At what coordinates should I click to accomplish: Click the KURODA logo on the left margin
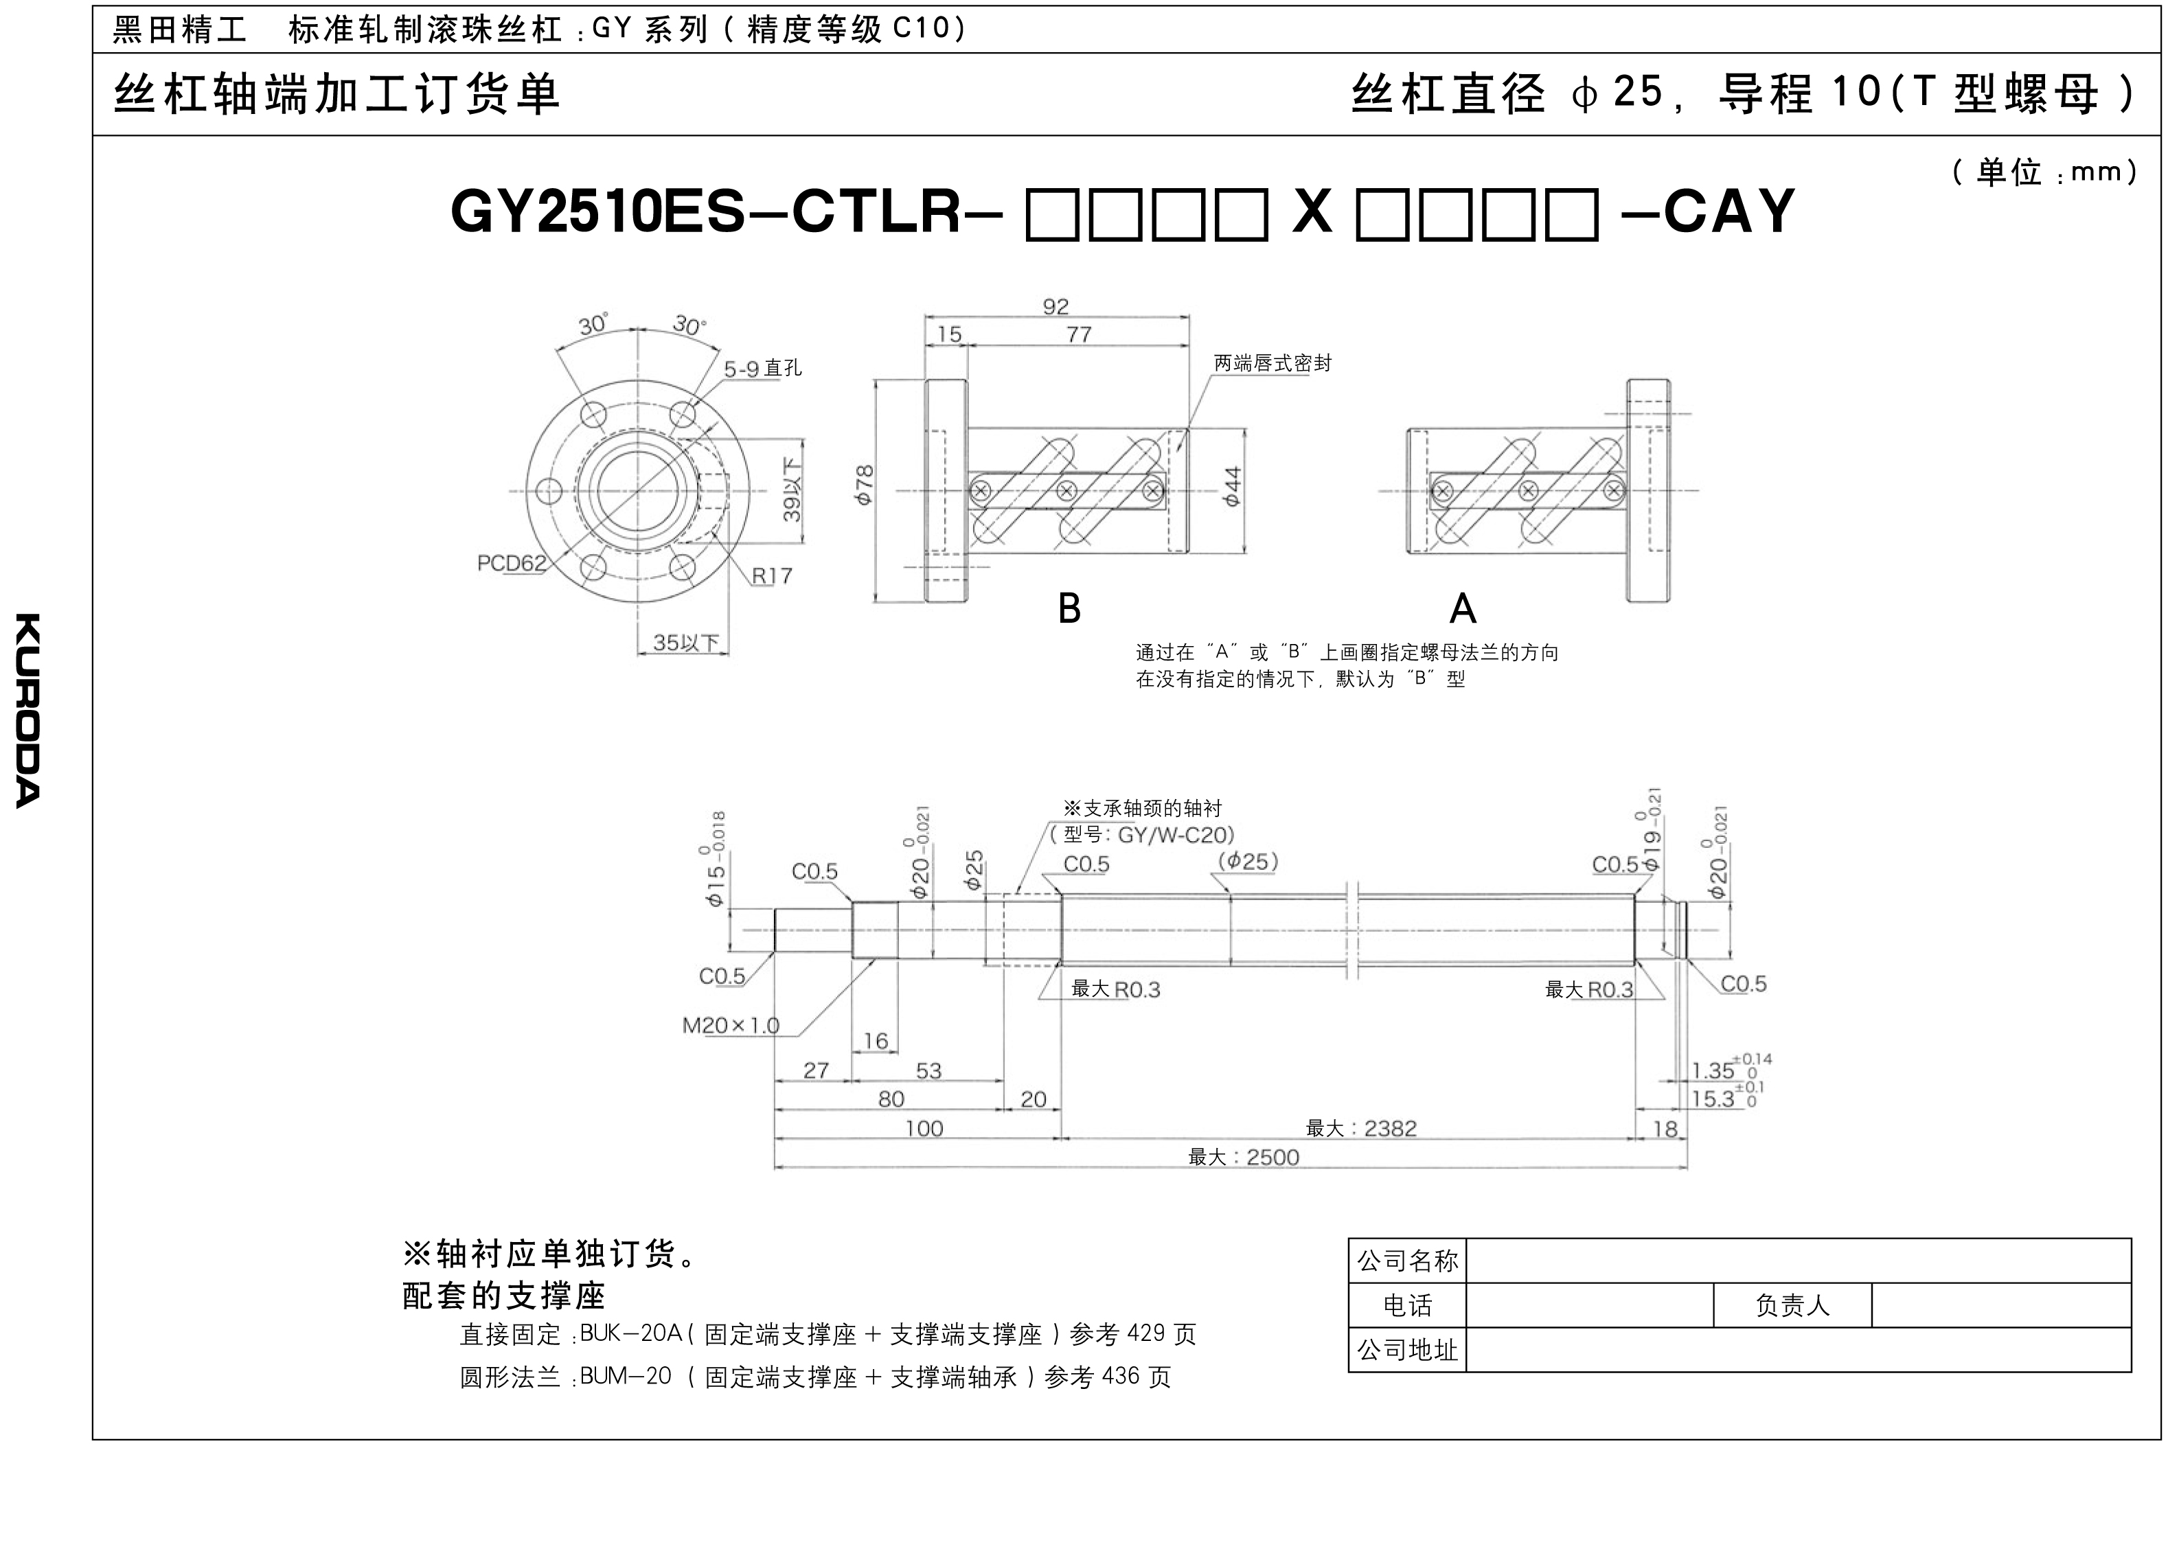27,710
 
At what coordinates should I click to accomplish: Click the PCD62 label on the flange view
512,563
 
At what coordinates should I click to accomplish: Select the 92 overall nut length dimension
1056,306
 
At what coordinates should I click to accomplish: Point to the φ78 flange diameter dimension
863,485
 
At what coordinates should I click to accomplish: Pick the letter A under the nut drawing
1463,608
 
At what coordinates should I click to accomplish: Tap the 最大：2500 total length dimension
1244,1157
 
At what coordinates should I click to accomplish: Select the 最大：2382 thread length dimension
1361,1128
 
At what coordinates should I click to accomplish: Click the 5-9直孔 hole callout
762,368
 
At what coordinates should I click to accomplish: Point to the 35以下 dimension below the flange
685,643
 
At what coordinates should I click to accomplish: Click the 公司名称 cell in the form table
1407,1261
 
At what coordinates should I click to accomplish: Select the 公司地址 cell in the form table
1407,1350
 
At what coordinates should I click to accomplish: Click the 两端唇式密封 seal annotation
1273,363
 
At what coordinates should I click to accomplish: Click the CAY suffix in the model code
1729,211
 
